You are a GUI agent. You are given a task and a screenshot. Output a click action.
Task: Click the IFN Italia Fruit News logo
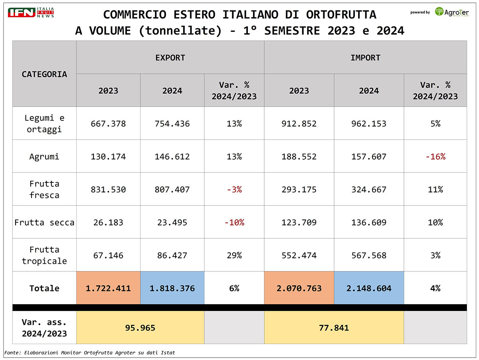[x=31, y=12]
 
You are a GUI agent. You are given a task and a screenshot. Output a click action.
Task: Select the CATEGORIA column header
[x=44, y=74]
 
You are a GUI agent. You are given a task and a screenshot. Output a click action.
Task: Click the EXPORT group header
[x=170, y=57]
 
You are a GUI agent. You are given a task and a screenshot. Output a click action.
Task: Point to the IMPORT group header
[x=365, y=57]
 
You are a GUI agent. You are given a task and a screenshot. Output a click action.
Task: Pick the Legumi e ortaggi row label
[x=44, y=124]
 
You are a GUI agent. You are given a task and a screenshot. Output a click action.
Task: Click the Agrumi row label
[x=44, y=156]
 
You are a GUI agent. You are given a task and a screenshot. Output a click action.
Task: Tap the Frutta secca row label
[x=44, y=222]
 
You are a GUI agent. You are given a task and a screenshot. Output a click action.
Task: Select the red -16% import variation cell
[x=435, y=156]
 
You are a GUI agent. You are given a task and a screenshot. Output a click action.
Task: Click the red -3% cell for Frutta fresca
[x=234, y=189]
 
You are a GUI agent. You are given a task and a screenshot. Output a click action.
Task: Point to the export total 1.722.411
[x=108, y=288]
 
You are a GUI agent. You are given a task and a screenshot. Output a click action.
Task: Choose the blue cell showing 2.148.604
[x=368, y=288]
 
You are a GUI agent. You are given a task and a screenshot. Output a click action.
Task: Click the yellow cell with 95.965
[x=140, y=328]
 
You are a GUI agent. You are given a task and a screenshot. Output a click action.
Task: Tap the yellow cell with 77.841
[x=334, y=328]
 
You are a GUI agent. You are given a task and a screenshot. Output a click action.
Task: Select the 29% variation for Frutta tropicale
[x=234, y=255]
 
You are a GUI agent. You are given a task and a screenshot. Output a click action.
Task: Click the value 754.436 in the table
[x=172, y=124]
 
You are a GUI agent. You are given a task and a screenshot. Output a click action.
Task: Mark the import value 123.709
[x=299, y=222]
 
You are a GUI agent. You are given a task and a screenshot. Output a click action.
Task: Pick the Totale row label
[x=44, y=288]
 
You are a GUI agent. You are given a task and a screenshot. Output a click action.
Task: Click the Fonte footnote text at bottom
[x=90, y=353]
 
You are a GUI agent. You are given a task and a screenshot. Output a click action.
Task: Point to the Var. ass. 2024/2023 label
[x=44, y=328]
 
